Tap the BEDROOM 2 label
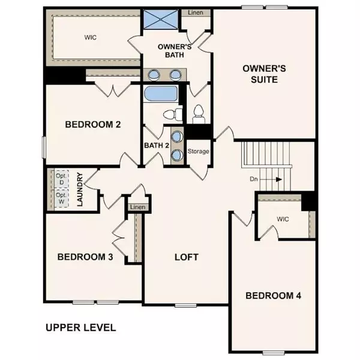pos(93,125)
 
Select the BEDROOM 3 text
pos(85,257)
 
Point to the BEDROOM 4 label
pos(273,295)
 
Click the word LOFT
pos(186,257)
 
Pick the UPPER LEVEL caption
pos(80,328)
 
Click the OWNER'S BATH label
pos(174,50)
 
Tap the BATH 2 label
pos(155,145)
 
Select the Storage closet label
pos(199,151)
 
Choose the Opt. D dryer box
pos(61,179)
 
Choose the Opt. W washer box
pos(61,199)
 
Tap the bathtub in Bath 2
pos(161,94)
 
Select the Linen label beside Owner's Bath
pos(195,12)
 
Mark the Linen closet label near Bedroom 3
pos(137,207)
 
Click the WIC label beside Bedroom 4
pos(283,219)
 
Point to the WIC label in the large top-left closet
pos(91,37)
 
